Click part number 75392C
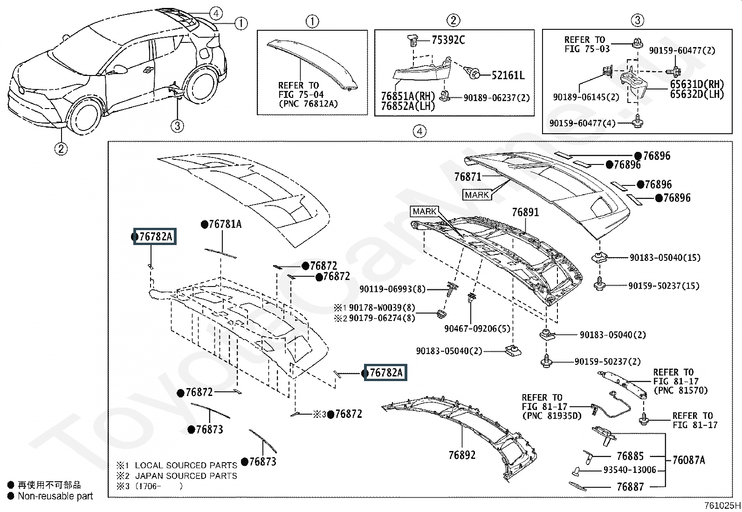[448, 40]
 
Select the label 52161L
[508, 75]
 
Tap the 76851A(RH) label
[408, 96]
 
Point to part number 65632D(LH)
[697, 94]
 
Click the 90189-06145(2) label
[586, 97]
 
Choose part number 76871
[467, 177]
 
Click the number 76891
[525, 212]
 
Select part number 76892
[462, 455]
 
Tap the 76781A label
[225, 225]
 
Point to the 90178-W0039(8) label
[382, 307]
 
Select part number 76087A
[688, 460]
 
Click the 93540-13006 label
[630, 470]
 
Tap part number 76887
[630, 487]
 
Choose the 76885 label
[630, 456]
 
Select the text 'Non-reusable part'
[55, 496]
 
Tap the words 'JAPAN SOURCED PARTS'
[186, 476]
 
